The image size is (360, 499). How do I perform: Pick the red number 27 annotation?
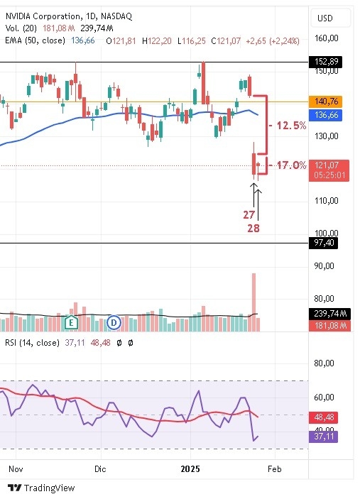[249, 214]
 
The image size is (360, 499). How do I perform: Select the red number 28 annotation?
[253, 228]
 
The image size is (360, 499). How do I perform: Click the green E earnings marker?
[70, 323]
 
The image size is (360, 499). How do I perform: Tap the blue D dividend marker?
[113, 323]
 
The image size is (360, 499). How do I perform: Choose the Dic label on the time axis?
[99, 469]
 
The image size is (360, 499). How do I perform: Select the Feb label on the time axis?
[276, 469]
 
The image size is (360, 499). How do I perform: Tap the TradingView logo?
[41, 488]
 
